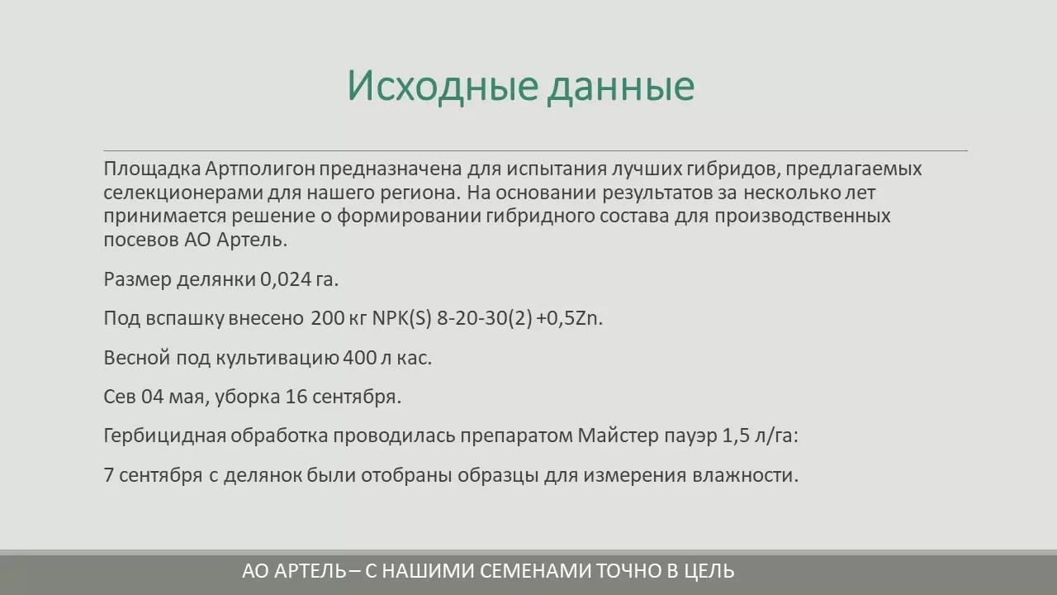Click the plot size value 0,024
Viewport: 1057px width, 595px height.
(x=285, y=279)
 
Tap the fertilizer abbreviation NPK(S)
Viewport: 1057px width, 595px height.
(x=402, y=318)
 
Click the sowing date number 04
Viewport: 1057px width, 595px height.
(x=154, y=397)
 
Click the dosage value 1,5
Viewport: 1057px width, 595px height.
(x=736, y=436)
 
